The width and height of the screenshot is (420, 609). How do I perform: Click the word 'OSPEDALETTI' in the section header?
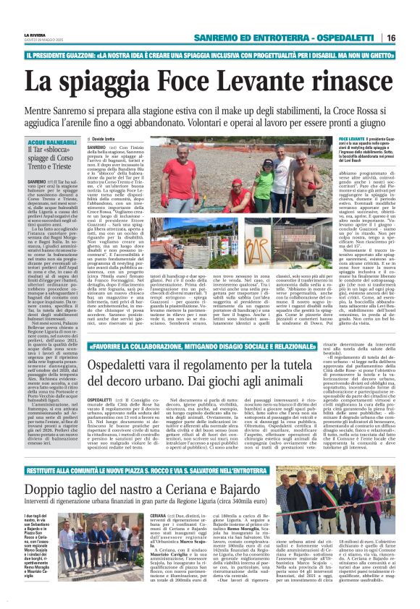[x=350, y=38]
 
